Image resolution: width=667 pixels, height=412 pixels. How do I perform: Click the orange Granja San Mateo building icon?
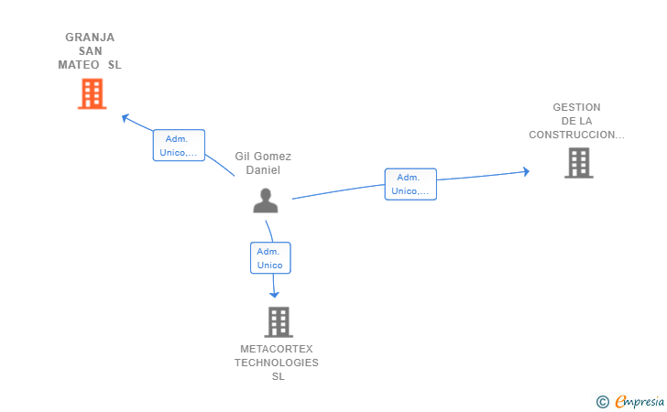[92, 93]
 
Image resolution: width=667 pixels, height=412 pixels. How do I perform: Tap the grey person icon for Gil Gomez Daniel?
[266, 201]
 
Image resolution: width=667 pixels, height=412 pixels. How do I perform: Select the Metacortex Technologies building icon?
[279, 321]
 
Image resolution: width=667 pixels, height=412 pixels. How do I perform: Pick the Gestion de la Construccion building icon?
[578, 163]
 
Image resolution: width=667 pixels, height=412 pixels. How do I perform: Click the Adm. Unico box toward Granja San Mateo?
[179, 146]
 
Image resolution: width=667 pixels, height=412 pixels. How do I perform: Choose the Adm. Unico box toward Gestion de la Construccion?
[410, 184]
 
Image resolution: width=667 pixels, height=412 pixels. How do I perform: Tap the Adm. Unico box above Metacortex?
[270, 258]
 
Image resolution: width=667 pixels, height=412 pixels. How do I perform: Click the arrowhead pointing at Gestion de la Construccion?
[526, 171]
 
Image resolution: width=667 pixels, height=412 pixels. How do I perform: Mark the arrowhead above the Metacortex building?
[274, 293]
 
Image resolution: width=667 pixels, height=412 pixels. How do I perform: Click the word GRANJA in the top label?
[90, 38]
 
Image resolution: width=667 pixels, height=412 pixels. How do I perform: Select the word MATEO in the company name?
[79, 65]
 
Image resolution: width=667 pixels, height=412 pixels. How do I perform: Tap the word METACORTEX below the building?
[277, 350]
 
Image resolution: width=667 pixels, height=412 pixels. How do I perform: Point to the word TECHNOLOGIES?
[277, 363]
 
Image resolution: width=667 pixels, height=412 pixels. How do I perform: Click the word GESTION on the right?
[576, 107]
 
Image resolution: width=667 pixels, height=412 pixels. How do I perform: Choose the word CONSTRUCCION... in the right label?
[576, 135]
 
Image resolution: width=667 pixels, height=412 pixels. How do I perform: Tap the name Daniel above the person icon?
[263, 170]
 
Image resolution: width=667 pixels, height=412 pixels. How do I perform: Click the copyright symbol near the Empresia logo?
[602, 401]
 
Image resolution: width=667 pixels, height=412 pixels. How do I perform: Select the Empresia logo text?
[639, 400]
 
